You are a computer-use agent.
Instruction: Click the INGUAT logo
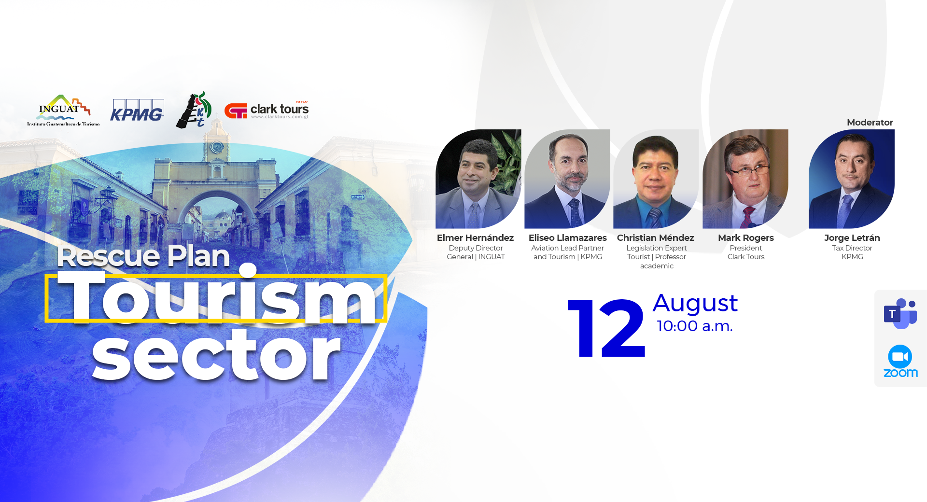coord(63,110)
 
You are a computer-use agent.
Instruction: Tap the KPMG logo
coord(137,110)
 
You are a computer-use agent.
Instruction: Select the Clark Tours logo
coord(267,111)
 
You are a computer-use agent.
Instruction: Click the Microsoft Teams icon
coord(900,314)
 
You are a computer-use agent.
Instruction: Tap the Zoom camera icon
coord(900,357)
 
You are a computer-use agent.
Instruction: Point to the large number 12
coord(606,328)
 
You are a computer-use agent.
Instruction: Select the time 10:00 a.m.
coord(695,326)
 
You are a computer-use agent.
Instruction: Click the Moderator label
coord(870,123)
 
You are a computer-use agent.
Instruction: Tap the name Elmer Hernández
coord(475,238)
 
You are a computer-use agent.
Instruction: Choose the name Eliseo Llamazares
coord(568,238)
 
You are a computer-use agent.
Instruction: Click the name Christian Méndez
coord(656,238)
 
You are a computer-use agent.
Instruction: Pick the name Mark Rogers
coord(746,238)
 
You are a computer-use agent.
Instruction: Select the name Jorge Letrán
coord(852,238)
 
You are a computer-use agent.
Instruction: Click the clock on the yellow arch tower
coord(217,147)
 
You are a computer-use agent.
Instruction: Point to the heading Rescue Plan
coord(143,256)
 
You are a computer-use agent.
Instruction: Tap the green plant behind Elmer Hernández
coord(506,159)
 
